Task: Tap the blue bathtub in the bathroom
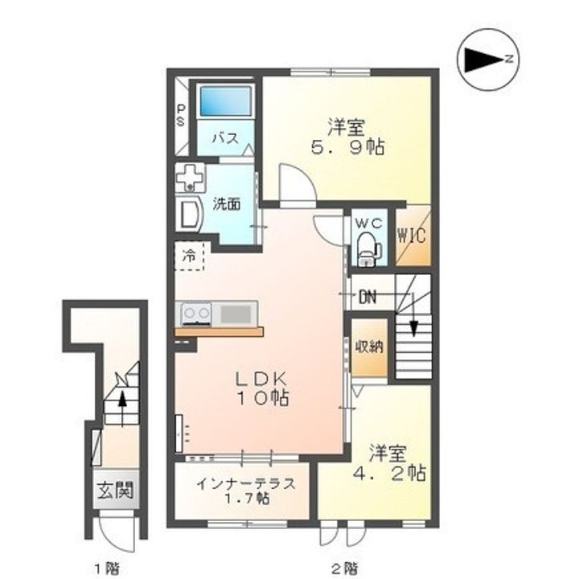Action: [226, 101]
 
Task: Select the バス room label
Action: [225, 139]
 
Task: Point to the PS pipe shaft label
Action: [181, 115]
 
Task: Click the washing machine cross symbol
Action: [190, 178]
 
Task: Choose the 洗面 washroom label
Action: [226, 203]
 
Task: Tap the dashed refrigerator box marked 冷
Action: [189, 256]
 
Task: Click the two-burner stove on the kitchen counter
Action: [196, 314]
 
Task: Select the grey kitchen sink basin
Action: [236, 314]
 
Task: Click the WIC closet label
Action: [412, 235]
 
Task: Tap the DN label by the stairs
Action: [368, 297]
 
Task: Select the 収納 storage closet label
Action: [369, 347]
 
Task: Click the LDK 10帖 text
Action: [262, 388]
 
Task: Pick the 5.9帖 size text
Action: [347, 147]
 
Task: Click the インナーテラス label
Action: [246, 483]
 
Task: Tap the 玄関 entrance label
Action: [115, 491]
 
